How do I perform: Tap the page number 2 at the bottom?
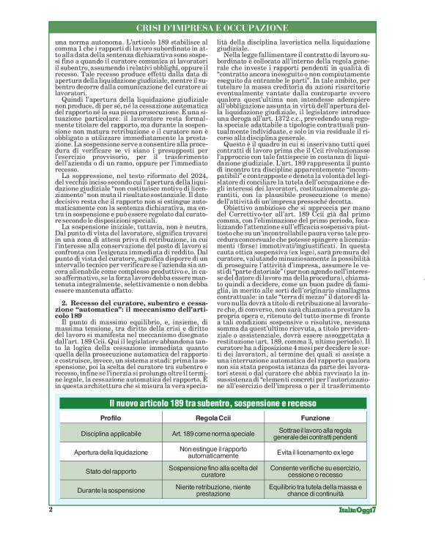pyautogui.click(x=51, y=530)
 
